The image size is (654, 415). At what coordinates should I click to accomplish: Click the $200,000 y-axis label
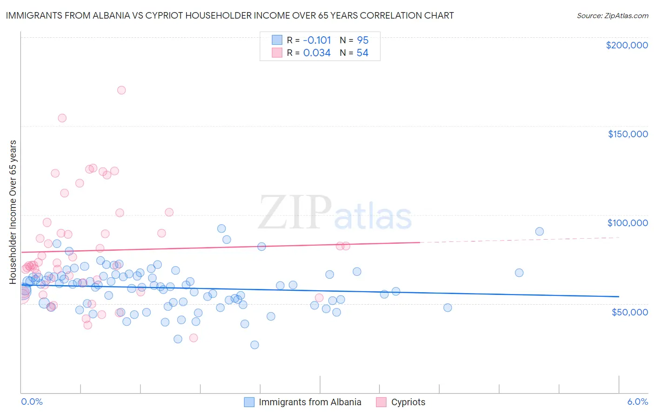tap(627, 45)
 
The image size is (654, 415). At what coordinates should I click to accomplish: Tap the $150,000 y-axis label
tap(627, 134)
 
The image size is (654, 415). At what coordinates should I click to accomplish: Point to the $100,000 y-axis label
tap(627, 223)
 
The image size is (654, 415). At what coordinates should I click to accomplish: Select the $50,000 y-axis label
tap(629, 312)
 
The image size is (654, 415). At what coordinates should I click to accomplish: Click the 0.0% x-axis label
tap(32, 402)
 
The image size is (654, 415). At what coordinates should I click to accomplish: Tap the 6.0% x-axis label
tap(637, 402)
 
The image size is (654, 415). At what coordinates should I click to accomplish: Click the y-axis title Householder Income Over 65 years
tap(13, 212)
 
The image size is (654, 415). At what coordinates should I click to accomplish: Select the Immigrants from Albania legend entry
tap(310, 402)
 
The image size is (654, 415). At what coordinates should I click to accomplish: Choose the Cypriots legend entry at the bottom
tap(408, 402)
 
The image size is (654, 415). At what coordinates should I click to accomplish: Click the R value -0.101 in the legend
tap(317, 40)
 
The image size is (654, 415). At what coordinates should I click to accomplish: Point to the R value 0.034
tap(317, 53)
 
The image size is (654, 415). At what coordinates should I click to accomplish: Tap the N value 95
tap(362, 40)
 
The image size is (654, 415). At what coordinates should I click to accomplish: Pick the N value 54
tap(362, 53)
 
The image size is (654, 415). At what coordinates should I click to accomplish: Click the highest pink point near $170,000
tap(121, 90)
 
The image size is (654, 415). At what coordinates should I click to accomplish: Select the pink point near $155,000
tap(62, 118)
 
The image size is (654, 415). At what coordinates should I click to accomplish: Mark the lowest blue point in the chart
tap(254, 345)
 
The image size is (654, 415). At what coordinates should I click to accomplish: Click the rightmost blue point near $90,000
tap(540, 231)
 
